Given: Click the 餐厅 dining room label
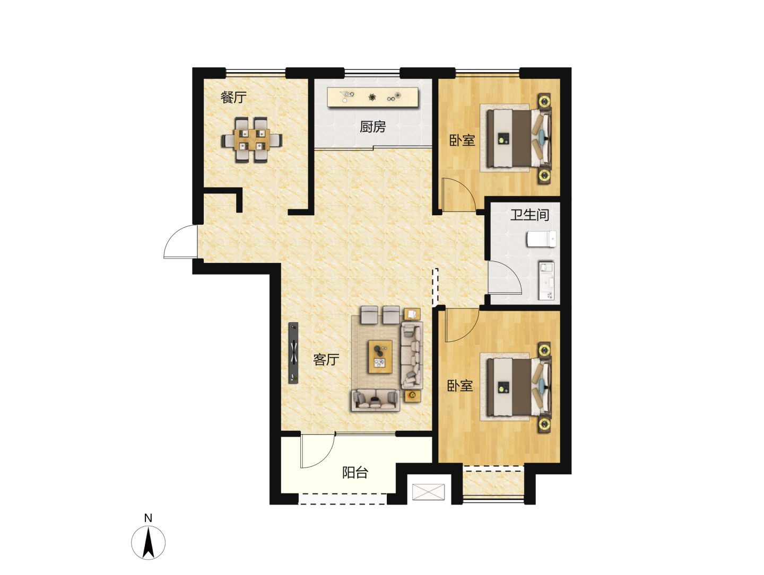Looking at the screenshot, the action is tap(233, 98).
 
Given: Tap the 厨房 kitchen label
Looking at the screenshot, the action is tap(372, 127).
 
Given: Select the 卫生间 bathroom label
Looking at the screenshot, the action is tap(529, 215).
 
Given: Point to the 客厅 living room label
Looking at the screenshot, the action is tap(326, 359).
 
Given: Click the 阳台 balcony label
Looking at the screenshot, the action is tap(355, 472).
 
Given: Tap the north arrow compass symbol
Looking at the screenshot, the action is tap(148, 543).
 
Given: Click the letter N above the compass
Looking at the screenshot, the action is tap(148, 518).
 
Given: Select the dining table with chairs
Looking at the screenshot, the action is tap(251, 140).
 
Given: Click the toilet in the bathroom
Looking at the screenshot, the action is tap(541, 239).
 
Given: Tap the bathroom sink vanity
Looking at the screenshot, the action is tap(546, 281).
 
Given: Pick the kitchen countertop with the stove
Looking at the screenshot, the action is tap(372, 97).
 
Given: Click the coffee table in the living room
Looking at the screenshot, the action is tap(380, 357).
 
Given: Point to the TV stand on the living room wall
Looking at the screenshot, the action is tap(293, 353).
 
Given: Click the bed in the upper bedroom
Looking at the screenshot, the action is tap(519, 138).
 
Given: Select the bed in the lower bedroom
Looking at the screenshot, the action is tap(519, 387).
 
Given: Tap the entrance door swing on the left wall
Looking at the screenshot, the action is tap(180, 242).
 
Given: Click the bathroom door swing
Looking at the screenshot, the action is tap(505, 277).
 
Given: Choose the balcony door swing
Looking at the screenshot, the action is tap(318, 450).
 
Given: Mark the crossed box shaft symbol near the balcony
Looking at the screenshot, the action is tap(428, 492).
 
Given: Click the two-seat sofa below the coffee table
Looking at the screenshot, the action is tap(375, 401).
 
